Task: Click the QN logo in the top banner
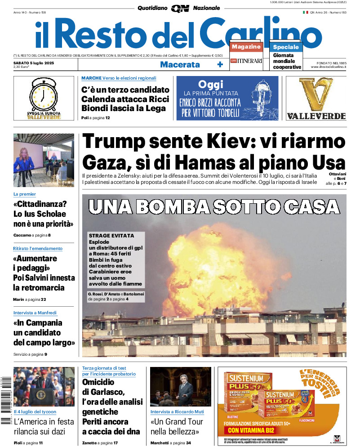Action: click(180, 8)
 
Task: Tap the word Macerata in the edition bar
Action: click(180, 64)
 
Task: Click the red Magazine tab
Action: click(246, 47)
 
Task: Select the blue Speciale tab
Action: click(285, 47)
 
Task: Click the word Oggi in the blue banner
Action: click(210, 84)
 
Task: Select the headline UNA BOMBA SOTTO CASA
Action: click(214, 206)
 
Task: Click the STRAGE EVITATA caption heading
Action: click(111, 236)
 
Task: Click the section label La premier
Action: click(24, 194)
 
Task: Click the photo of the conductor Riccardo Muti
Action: click(181, 387)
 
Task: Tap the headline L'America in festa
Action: click(44, 422)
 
